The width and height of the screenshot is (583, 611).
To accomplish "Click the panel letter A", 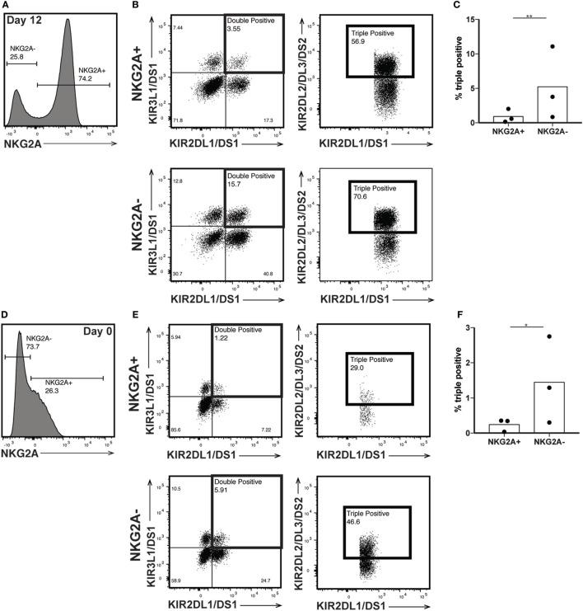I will click(5, 4).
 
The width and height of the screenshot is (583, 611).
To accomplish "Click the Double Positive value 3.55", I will click(236, 29).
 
